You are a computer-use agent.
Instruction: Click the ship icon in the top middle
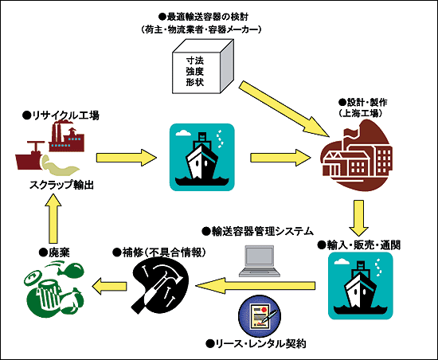(201, 156)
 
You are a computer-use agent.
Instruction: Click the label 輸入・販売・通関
(362, 244)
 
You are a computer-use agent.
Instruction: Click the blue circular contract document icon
(258, 314)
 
